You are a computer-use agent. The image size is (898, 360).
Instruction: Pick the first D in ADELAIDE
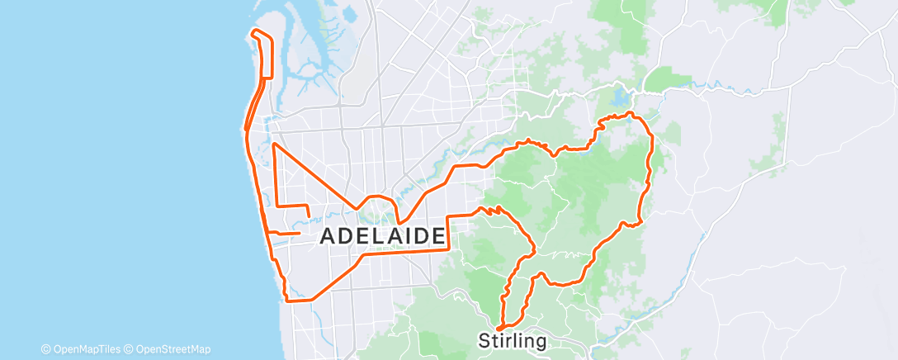point(346,236)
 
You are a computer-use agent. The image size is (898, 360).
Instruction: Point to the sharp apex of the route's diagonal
point(274,144)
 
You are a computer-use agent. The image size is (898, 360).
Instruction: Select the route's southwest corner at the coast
point(288,301)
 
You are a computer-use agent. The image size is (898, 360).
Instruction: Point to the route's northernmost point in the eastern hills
point(629,113)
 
